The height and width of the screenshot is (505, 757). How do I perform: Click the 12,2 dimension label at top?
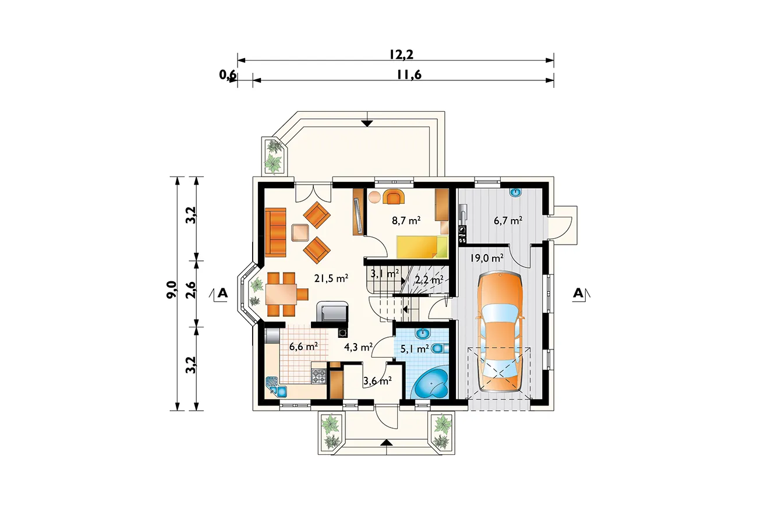[x=401, y=54]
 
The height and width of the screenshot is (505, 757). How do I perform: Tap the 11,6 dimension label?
[x=409, y=75]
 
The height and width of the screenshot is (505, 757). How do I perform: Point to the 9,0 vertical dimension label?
[x=172, y=289]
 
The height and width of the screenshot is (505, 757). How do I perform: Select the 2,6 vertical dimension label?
[x=191, y=289]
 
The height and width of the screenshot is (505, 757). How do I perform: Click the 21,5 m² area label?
[x=331, y=278]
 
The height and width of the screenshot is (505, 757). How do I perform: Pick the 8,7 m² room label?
[x=406, y=221]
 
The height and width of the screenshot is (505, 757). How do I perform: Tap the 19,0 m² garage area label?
[x=487, y=258]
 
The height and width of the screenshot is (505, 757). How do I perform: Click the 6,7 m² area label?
[x=508, y=221]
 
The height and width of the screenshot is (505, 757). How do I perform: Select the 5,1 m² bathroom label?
[x=415, y=348]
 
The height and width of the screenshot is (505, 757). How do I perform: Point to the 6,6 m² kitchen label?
[x=303, y=346]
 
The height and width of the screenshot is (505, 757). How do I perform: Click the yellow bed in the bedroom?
[x=422, y=247]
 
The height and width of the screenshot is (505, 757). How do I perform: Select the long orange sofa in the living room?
[x=275, y=232]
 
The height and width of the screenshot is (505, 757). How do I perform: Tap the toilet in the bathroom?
[x=440, y=348]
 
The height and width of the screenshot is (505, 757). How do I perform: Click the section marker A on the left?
[x=222, y=293]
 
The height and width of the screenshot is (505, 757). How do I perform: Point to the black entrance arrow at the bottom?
[x=387, y=443]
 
